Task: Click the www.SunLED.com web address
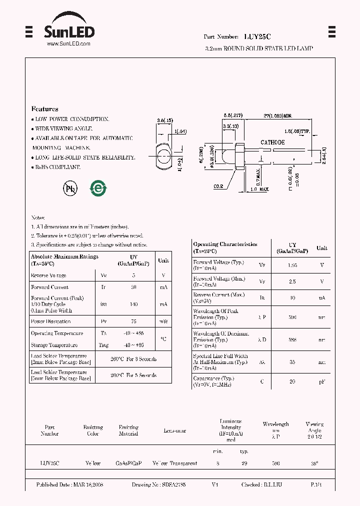click(68, 44)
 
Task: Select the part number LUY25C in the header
click(257, 37)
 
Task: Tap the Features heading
click(45, 109)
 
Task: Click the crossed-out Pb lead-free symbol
click(69, 188)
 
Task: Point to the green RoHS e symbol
click(98, 188)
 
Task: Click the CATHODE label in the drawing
click(272, 142)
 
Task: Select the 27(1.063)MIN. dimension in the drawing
click(277, 115)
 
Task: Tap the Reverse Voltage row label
click(48, 275)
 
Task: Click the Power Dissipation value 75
click(133, 321)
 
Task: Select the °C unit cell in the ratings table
click(163, 339)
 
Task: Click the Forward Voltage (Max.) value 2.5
click(292, 281)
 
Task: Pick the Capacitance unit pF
click(322, 381)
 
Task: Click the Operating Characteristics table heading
click(225, 244)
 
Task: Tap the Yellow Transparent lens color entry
click(175, 463)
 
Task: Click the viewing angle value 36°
click(314, 463)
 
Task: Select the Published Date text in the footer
click(69, 485)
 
